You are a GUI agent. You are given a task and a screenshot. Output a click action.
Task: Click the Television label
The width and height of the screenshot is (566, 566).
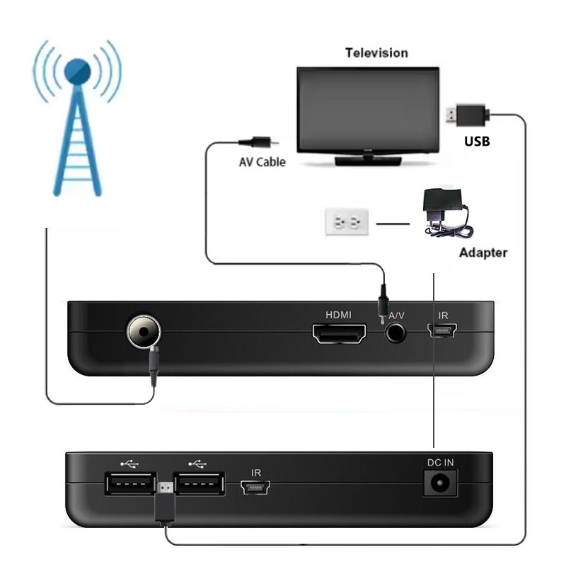pos(376,53)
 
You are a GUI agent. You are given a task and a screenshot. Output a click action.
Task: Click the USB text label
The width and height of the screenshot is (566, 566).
pos(477,141)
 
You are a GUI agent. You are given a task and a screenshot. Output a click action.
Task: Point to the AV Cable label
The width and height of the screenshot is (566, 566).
pos(262,162)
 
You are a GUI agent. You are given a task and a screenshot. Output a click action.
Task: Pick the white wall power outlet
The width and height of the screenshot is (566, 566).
pos(347,223)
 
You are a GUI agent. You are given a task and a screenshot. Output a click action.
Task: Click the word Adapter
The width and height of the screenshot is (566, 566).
pos(483,253)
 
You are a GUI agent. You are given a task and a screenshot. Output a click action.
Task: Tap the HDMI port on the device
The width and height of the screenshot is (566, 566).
pos(340,333)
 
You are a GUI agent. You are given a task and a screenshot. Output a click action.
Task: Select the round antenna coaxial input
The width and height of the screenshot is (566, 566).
pos(144,331)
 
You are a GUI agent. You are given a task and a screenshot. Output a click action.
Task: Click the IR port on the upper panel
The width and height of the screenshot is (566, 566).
pos(444,330)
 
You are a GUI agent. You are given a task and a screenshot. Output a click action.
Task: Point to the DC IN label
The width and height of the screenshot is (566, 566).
pos(440,462)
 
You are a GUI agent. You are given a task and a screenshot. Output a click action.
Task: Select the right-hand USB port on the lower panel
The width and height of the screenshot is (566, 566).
pos(200,485)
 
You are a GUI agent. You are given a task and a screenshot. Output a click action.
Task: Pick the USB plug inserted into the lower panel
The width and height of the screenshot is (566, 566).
pos(164,499)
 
